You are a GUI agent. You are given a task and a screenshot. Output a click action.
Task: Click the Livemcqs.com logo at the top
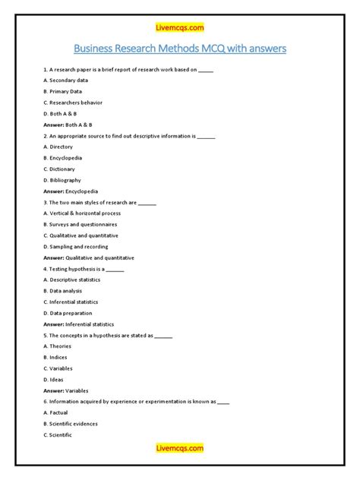(180, 28)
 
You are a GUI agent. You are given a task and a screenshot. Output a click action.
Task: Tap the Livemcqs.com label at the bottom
(180, 448)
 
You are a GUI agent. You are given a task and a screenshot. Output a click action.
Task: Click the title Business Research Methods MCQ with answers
(180, 50)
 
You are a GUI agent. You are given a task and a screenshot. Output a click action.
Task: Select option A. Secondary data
(66, 80)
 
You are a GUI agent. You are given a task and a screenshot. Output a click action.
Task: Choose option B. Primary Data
(63, 91)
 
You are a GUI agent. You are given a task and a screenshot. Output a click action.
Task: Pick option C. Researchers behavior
(73, 102)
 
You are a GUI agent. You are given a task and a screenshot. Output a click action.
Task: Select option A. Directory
(59, 147)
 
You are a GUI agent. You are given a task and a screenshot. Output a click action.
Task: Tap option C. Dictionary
(60, 169)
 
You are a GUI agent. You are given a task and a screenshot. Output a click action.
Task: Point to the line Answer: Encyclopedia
(71, 191)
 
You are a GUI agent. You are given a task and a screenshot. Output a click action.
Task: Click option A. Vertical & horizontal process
(84, 213)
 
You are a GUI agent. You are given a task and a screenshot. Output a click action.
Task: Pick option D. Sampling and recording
(76, 247)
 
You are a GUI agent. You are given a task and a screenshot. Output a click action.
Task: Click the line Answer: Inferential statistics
(79, 324)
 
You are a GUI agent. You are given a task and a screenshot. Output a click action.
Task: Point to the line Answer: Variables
(66, 390)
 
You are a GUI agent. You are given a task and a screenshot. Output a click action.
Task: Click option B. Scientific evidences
(71, 424)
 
